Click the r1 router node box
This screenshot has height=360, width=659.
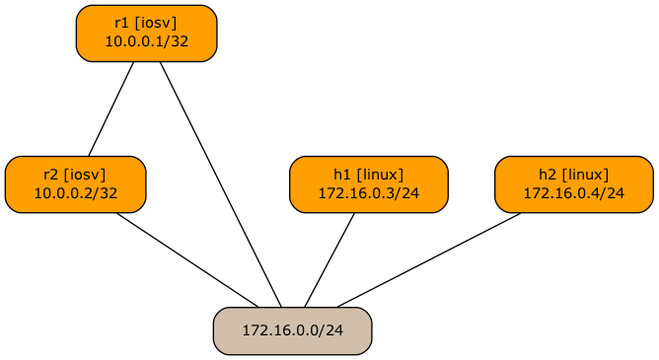(146, 34)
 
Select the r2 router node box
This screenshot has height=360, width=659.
(75, 184)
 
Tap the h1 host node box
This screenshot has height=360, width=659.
(368, 184)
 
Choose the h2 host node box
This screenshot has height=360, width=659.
(573, 184)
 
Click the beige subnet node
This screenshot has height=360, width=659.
(292, 330)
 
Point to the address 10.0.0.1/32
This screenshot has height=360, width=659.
(146, 42)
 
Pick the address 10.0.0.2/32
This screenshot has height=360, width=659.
(75, 193)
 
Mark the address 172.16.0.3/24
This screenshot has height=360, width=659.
(368, 193)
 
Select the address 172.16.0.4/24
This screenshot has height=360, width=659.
(573, 193)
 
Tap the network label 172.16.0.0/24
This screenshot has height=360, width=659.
(292, 330)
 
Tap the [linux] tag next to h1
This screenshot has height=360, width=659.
(380, 176)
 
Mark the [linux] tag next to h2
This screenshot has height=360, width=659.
(585, 176)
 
